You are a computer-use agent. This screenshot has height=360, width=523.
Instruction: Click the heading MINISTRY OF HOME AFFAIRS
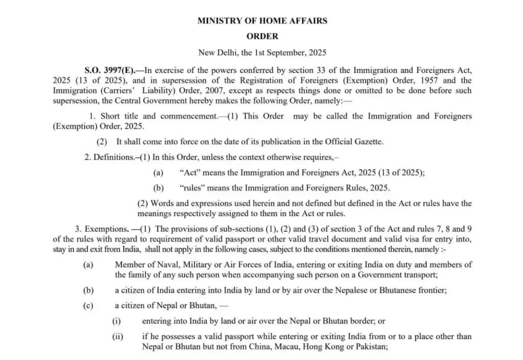click(x=262, y=21)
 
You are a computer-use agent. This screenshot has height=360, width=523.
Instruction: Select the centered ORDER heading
click(x=262, y=36)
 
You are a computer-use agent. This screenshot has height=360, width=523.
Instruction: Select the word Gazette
click(x=367, y=141)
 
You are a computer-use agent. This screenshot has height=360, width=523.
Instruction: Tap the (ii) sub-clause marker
click(x=118, y=337)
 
